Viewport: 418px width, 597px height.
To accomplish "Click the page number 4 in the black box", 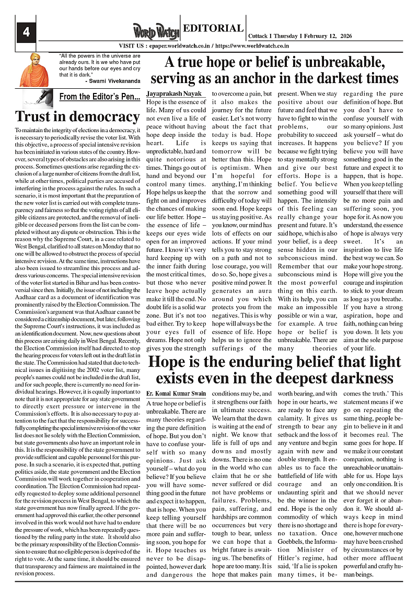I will click(x=25, y=32).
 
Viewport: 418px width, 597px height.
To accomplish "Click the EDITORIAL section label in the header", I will click(x=213, y=28).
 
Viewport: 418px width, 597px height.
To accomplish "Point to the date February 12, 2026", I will click(x=328, y=37).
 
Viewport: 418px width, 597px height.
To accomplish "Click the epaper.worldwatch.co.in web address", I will click(x=177, y=46).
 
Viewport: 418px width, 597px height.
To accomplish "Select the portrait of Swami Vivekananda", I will click(x=34, y=69).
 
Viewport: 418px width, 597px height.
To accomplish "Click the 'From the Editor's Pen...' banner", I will click(x=99, y=97).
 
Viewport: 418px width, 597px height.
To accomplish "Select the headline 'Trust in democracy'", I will click(x=77, y=116).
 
